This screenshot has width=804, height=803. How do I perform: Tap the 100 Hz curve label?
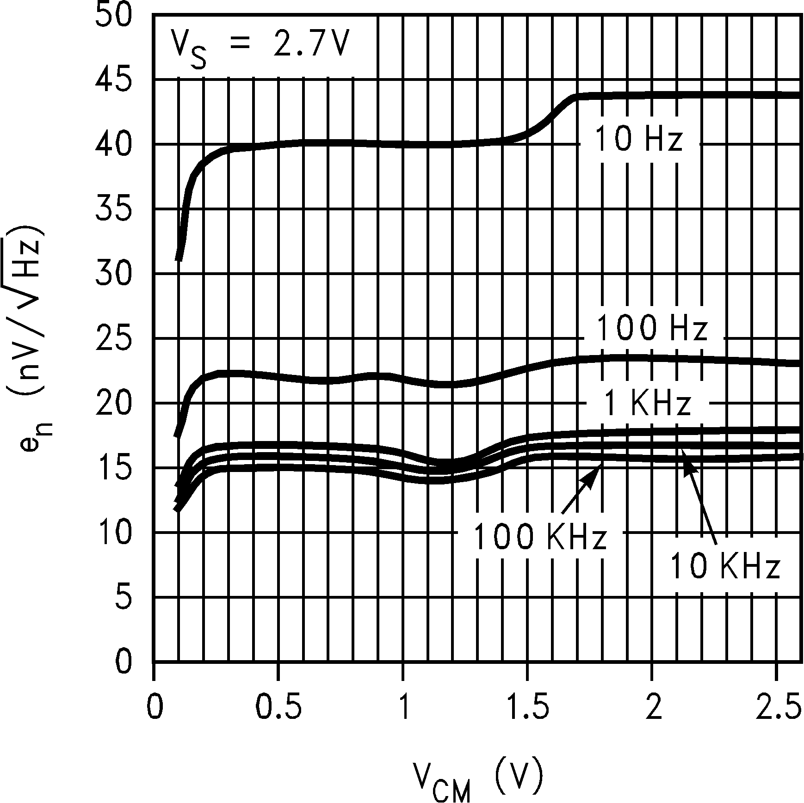click(x=651, y=329)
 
